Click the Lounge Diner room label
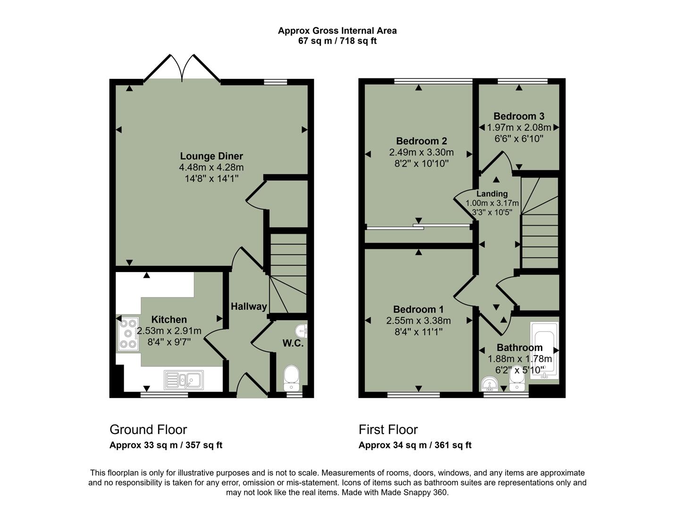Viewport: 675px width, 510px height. point(211,156)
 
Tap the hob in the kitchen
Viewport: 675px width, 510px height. point(128,334)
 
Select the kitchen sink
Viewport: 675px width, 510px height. point(184,379)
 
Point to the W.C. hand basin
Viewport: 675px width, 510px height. point(301,330)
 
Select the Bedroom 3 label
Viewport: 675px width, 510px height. point(519,116)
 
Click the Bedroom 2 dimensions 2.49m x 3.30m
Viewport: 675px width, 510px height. point(421,153)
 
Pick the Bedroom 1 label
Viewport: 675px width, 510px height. point(418,310)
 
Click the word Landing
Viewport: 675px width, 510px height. point(492,194)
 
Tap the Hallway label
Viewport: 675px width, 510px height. point(249,306)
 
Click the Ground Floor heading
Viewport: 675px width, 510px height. point(148,430)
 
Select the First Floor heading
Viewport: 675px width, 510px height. point(388,430)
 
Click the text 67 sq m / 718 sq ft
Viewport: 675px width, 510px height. point(337,41)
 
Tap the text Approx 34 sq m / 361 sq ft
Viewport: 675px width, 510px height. point(415,445)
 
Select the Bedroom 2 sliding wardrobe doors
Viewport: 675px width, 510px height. point(418,227)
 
